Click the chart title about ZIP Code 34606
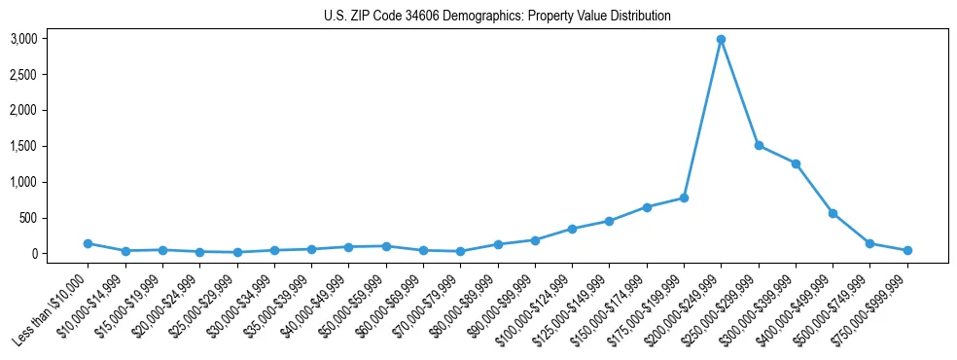pos(497,17)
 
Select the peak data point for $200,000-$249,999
pos(721,39)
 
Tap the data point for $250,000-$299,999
pos(759,146)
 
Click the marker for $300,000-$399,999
pos(796,163)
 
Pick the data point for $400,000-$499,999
pos(833,213)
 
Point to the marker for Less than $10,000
pos(88,243)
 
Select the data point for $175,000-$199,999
pos(684,198)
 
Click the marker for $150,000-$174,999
pos(647,207)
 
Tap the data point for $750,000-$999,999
pos(907,250)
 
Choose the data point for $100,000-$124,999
pos(572,229)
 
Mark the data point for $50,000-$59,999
pos(386,246)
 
